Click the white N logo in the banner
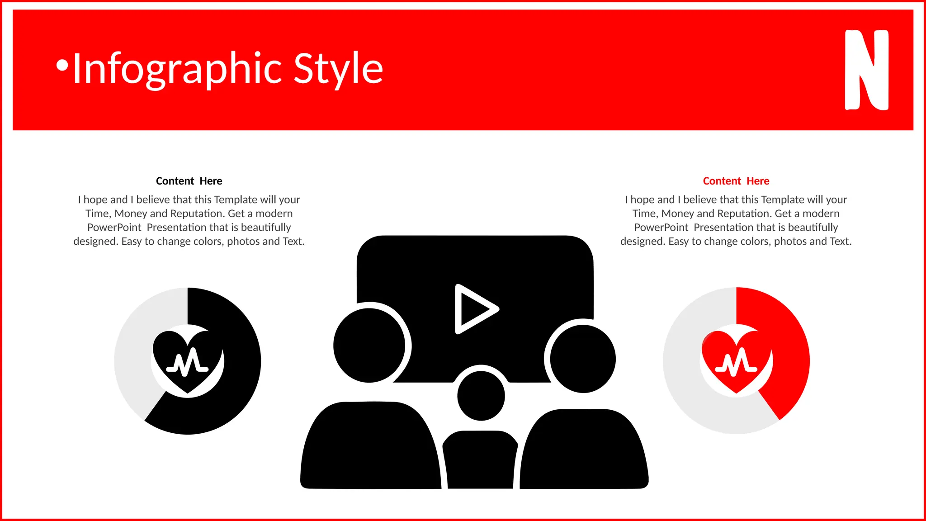[866, 70]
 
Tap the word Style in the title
[338, 69]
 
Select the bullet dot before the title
[62, 66]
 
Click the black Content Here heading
[189, 181]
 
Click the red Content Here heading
[736, 181]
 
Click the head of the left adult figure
[369, 346]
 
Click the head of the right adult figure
[583, 358]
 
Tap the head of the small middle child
[481, 396]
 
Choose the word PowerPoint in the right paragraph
[661, 227]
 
